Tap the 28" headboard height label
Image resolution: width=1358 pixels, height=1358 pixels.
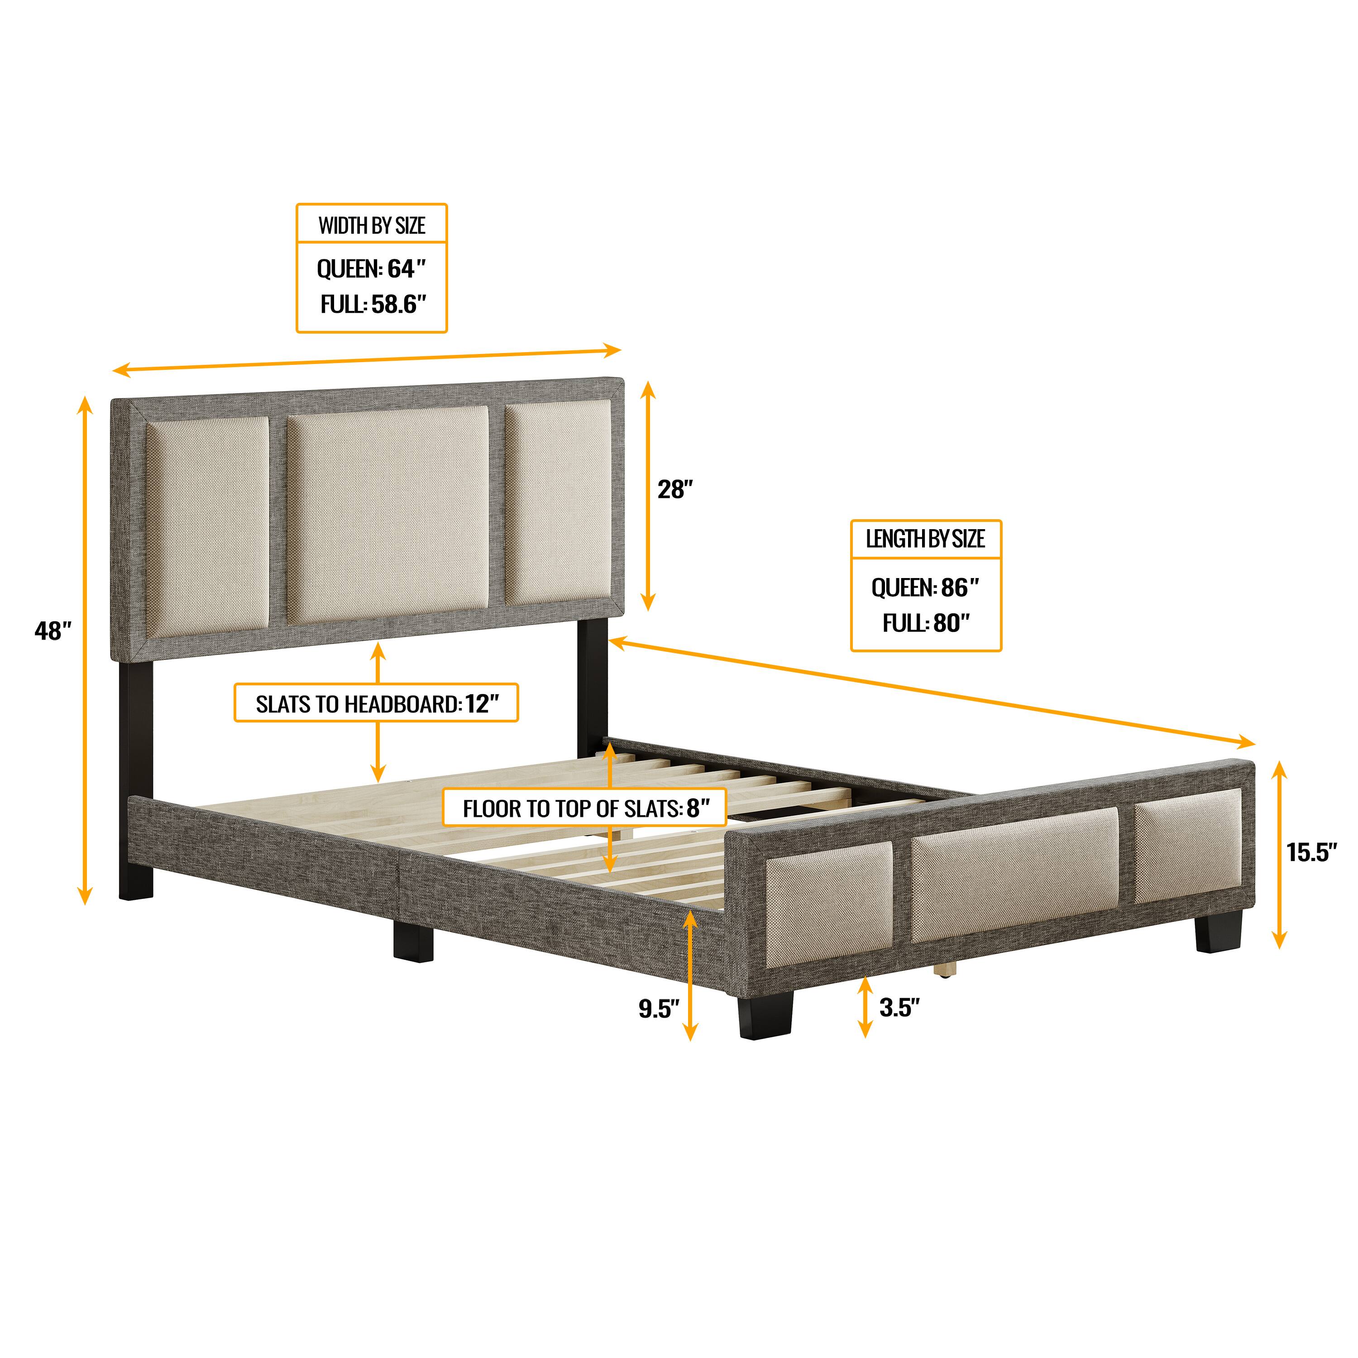(675, 489)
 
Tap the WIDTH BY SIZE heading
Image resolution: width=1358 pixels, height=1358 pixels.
(372, 225)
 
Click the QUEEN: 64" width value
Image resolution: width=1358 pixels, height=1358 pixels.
(371, 268)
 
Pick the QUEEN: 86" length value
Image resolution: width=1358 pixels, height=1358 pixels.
(925, 587)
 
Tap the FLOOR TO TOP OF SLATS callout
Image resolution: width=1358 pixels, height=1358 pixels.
(584, 808)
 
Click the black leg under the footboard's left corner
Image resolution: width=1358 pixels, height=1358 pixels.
(765, 1014)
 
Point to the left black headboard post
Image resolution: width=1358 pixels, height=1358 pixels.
(136, 780)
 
